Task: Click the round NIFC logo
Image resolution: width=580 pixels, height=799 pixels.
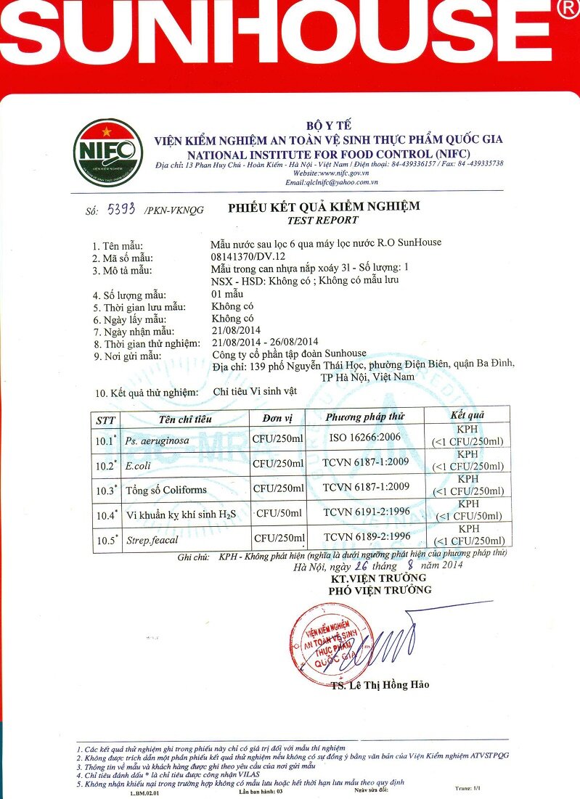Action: click(107, 152)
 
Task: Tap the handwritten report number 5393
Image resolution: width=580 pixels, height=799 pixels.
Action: click(121, 210)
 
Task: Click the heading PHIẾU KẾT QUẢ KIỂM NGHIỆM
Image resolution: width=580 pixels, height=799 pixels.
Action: click(324, 207)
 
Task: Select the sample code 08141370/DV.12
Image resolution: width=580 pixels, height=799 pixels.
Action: click(248, 257)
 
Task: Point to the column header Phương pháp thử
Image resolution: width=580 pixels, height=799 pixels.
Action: click(364, 417)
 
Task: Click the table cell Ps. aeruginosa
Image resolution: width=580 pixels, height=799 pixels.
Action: click(158, 441)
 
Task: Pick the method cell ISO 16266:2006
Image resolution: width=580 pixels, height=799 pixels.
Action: click(364, 438)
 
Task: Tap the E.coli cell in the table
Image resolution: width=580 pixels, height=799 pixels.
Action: click(138, 466)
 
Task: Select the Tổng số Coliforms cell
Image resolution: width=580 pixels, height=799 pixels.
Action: click(166, 490)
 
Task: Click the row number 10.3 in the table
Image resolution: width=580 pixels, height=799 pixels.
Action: click(106, 491)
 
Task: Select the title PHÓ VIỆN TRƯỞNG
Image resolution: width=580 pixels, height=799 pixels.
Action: click(380, 590)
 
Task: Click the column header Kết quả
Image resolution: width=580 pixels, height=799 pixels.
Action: click(467, 415)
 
